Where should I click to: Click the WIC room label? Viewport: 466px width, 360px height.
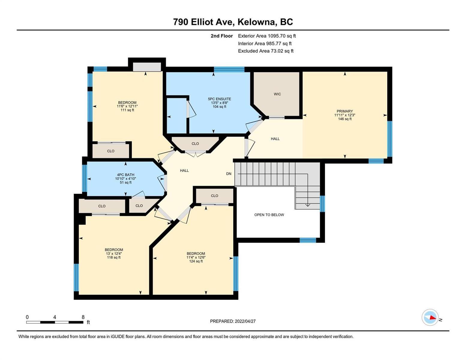click(x=277, y=94)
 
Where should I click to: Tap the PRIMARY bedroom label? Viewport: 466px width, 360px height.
click(x=344, y=111)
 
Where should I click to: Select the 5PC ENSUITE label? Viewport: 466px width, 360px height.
click(x=219, y=99)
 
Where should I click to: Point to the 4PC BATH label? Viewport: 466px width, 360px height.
click(x=125, y=175)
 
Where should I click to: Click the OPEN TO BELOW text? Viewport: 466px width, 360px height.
click(x=269, y=214)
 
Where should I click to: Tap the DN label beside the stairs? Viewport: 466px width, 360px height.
click(x=229, y=174)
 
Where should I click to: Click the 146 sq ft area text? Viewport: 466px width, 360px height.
click(x=344, y=119)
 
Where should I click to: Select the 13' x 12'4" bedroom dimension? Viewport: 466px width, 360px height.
click(x=114, y=253)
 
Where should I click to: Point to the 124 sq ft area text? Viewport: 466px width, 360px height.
click(x=196, y=261)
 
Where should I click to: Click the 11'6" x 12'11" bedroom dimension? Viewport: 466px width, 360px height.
click(x=127, y=106)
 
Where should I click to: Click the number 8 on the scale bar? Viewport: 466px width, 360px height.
click(x=83, y=317)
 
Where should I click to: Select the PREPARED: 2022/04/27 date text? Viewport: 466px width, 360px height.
click(x=233, y=321)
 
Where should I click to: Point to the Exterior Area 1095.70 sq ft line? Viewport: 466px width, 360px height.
click(x=267, y=36)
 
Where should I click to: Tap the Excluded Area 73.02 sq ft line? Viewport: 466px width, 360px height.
click(x=266, y=51)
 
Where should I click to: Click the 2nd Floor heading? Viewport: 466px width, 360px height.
click(x=221, y=36)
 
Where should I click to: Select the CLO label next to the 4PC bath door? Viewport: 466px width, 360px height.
click(x=139, y=205)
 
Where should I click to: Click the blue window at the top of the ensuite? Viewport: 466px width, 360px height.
click(x=229, y=69)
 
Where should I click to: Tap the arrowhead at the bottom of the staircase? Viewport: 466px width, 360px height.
click(x=308, y=205)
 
